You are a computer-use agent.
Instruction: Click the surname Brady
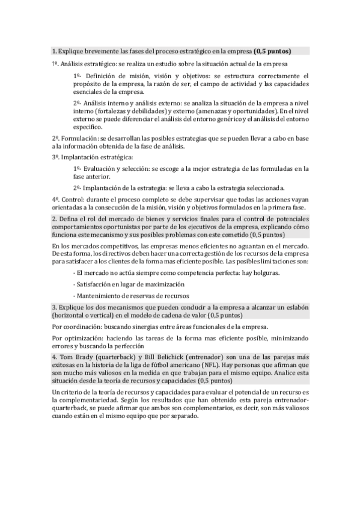click(82, 356)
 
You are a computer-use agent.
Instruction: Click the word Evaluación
click(104, 168)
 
